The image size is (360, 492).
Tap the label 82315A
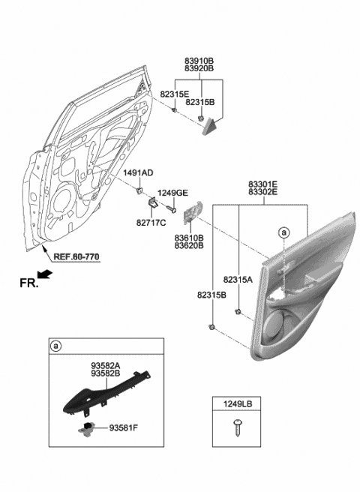(239, 278)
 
